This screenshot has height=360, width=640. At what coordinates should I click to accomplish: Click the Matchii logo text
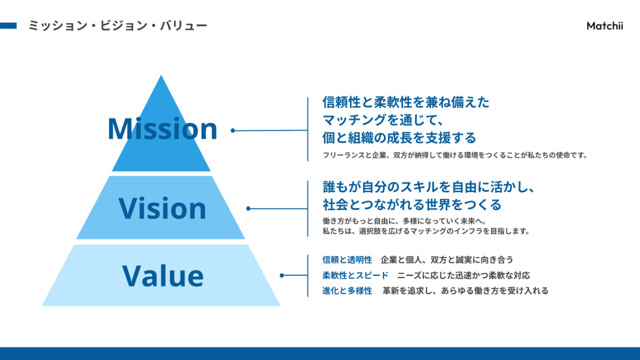(605, 26)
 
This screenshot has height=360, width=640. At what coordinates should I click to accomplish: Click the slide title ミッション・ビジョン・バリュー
(118, 26)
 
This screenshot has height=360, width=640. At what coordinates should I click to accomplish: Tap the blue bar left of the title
(8, 26)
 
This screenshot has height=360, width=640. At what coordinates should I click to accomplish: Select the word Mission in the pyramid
(162, 129)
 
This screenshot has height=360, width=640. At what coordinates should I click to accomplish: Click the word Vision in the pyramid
(162, 208)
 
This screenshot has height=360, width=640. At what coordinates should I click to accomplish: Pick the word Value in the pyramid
(163, 276)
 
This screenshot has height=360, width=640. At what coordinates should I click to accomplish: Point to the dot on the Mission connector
(232, 131)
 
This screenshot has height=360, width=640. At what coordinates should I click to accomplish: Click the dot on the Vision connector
(248, 208)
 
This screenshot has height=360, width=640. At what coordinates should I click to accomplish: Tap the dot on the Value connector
(282, 276)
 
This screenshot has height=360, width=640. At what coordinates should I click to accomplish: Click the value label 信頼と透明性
(347, 260)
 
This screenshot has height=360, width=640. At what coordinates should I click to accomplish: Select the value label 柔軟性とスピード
(355, 276)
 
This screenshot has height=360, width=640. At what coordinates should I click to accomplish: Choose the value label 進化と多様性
(347, 291)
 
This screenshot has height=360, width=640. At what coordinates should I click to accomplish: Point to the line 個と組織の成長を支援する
(399, 138)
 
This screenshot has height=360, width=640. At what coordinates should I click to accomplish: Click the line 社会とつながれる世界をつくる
(412, 205)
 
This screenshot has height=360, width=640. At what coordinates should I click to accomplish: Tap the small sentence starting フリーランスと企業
(455, 155)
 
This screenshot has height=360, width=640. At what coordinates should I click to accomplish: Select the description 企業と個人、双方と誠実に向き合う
(447, 260)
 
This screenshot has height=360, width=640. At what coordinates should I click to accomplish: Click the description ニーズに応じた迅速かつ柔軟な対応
(464, 276)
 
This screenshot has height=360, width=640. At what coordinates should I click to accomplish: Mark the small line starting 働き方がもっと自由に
(404, 221)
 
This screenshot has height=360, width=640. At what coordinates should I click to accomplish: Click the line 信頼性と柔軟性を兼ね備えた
(406, 102)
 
